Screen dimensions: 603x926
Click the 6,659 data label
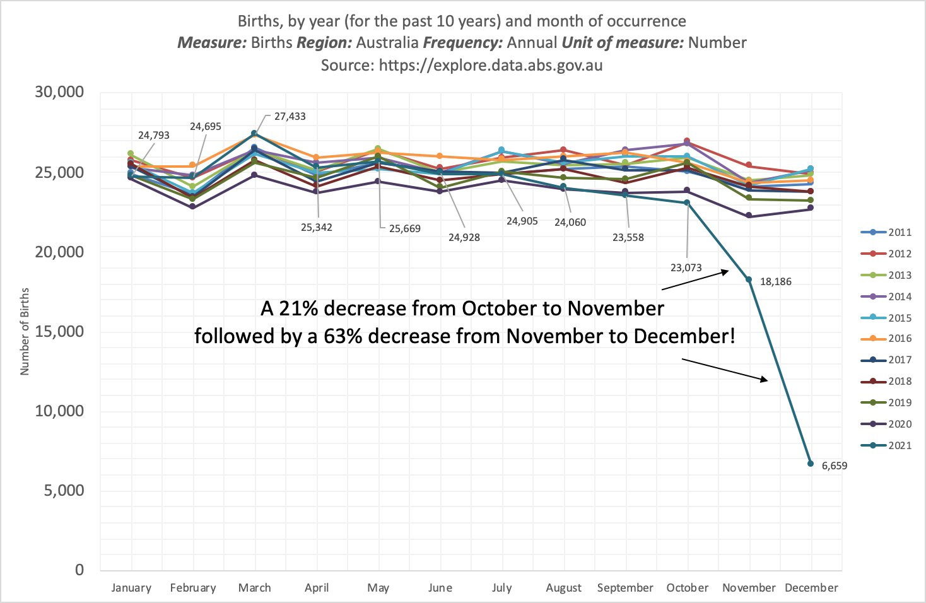[x=834, y=466]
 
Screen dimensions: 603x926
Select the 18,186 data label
[x=775, y=282]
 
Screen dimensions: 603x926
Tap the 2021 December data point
[x=811, y=464]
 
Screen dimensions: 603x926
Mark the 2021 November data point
[x=749, y=279]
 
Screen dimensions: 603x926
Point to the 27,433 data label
[x=290, y=117]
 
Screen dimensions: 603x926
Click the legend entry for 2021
[x=886, y=445]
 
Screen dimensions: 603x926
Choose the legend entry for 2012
[x=886, y=254]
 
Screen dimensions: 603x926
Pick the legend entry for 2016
[x=886, y=339]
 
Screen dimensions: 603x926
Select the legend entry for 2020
[x=886, y=424]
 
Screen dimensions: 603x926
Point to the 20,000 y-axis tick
[x=59, y=252]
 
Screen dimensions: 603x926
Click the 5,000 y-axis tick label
[x=63, y=490]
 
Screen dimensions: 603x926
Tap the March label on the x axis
[x=254, y=588]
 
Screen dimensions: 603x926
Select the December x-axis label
[x=811, y=588]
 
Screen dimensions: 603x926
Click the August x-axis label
[x=563, y=588]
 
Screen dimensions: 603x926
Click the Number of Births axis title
[x=25, y=332]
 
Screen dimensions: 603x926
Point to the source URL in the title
[x=490, y=65]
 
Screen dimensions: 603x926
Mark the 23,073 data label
[x=686, y=267]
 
